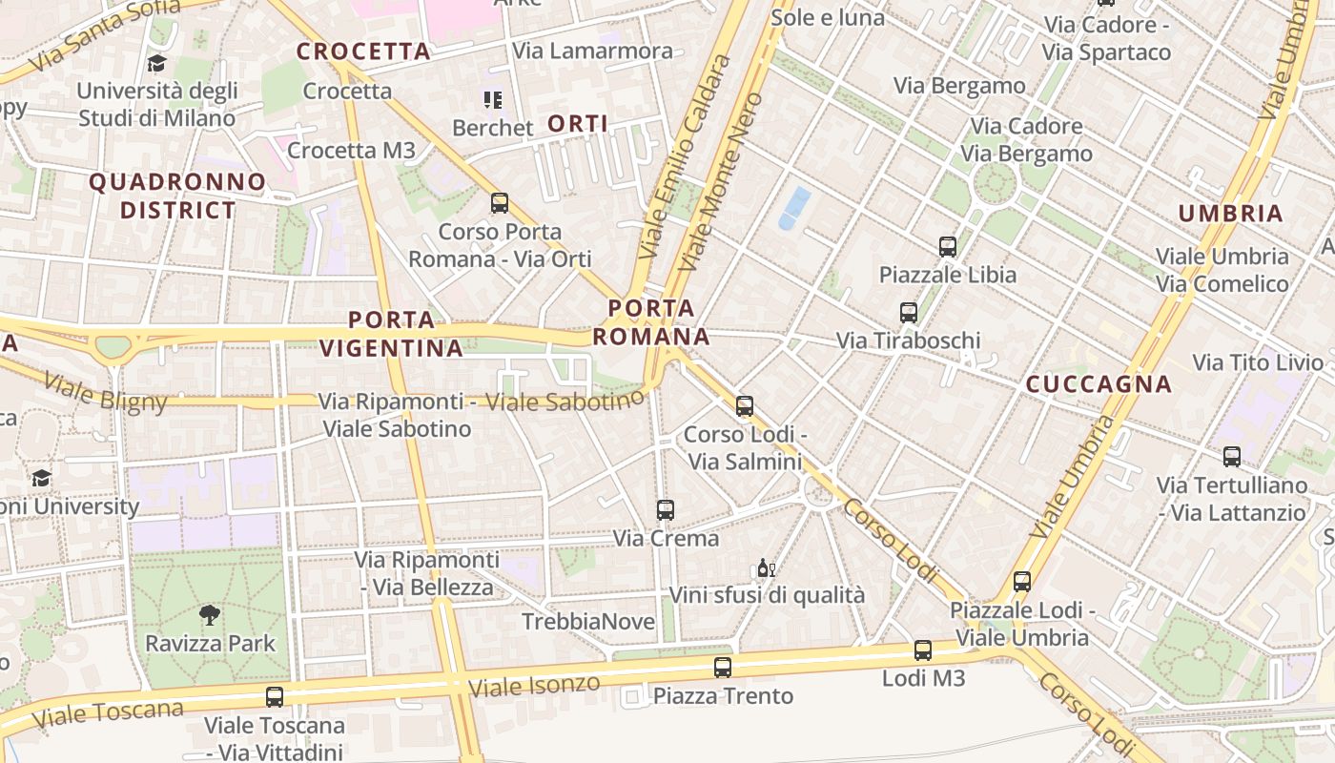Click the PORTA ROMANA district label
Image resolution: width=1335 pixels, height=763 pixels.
(651, 322)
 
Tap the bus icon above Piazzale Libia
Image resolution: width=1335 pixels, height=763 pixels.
(948, 247)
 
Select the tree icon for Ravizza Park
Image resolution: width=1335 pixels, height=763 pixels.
(210, 615)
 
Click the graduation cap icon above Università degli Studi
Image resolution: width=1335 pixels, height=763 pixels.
(156, 63)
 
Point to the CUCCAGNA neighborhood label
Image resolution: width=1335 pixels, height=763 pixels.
(1099, 384)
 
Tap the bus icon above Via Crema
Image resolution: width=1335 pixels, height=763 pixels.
(666, 510)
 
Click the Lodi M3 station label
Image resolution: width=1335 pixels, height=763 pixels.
(923, 678)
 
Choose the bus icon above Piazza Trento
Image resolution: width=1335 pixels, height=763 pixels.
(723, 668)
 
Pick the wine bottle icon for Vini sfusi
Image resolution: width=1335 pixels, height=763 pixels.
(766, 568)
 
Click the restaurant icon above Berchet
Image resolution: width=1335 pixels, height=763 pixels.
(492, 99)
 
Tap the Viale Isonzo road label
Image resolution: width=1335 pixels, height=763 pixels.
(535, 685)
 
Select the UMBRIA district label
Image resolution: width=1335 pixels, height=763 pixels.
(1231, 214)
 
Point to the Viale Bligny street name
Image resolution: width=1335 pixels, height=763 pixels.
(105, 393)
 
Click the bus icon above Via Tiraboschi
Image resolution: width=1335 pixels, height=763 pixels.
(909, 312)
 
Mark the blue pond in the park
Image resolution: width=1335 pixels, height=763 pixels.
(794, 208)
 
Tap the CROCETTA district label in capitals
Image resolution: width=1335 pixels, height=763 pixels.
(363, 52)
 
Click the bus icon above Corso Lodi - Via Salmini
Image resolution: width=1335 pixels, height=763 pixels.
(745, 406)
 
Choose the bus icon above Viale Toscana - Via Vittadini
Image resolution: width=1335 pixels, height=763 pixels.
(275, 697)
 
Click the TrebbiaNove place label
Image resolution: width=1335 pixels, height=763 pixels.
(588, 622)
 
